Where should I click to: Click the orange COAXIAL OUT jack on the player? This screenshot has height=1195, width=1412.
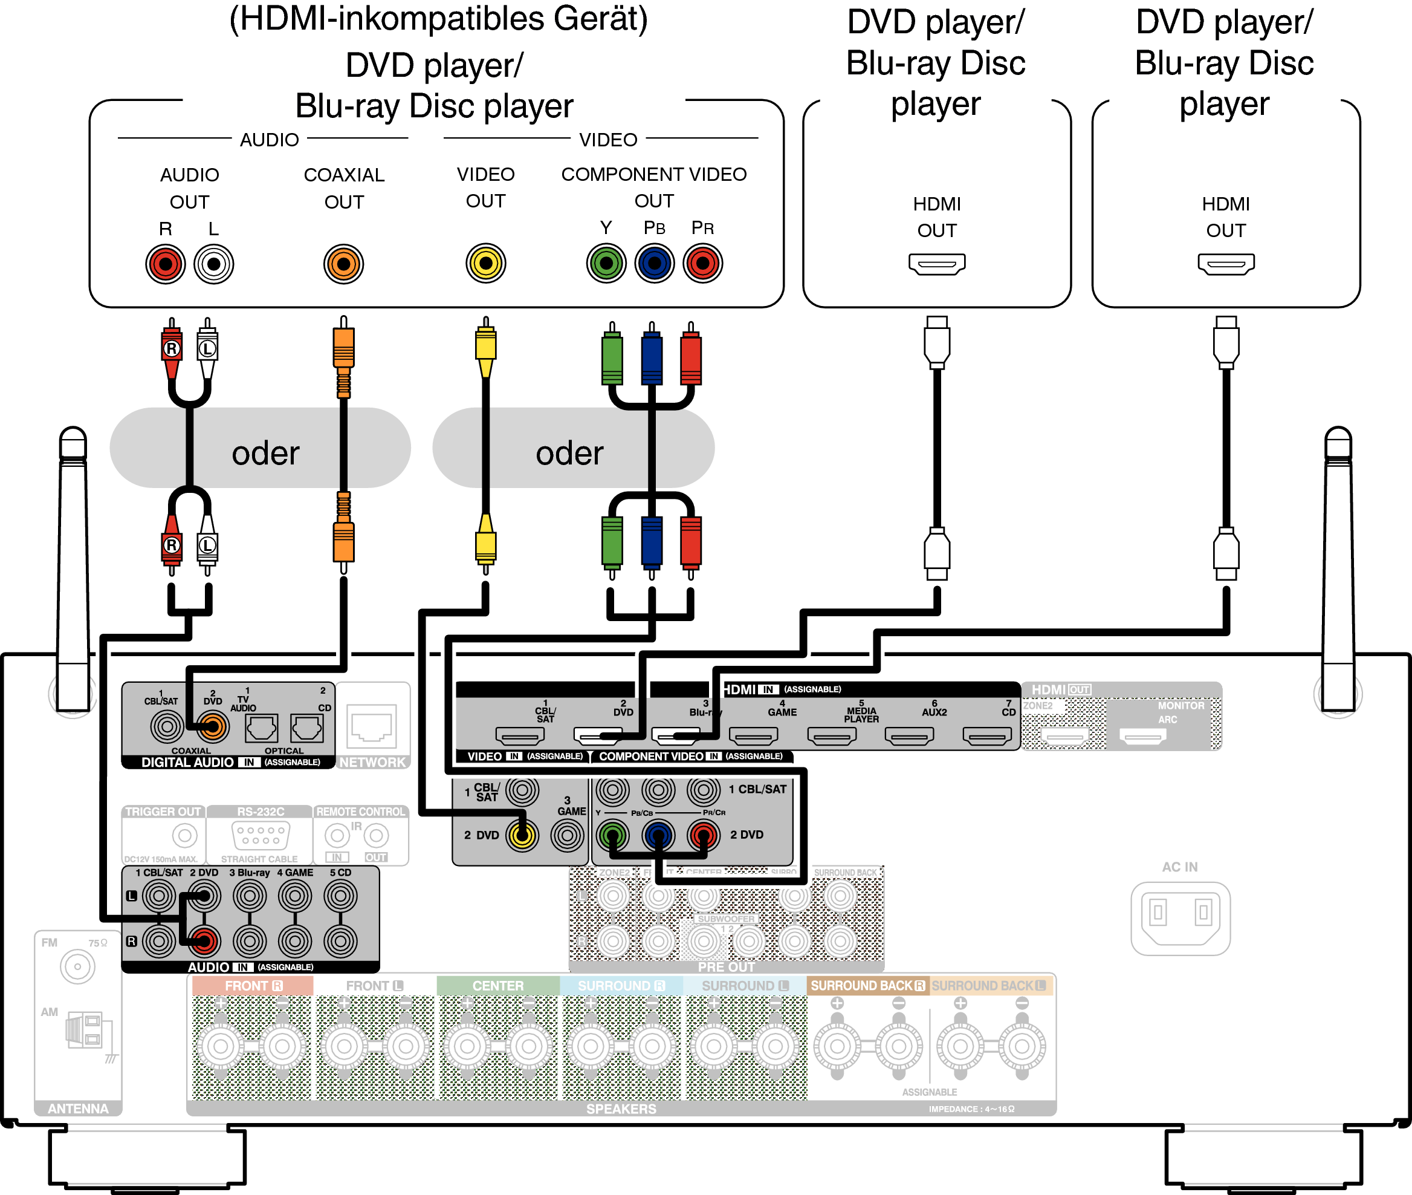pos(343,264)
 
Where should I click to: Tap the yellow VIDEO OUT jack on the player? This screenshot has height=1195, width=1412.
pos(485,263)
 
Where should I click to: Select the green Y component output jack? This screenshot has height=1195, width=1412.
pos(606,263)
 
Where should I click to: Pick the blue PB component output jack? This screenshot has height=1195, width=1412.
pos(654,263)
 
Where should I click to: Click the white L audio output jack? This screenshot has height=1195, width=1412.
pos(213,264)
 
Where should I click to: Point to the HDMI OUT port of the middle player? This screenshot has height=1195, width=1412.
pos(936,264)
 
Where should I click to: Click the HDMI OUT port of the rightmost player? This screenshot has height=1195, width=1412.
pos(1226,264)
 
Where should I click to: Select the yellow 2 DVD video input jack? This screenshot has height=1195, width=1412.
pos(522,835)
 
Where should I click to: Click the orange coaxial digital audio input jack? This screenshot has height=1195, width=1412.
pos(212,727)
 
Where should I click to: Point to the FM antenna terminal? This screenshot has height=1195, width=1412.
pos(77,966)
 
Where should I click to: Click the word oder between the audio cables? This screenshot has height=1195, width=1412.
pos(265,453)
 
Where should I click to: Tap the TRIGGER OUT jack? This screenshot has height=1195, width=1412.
pos(184,835)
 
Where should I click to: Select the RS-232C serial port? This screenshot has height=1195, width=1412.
pos(261,835)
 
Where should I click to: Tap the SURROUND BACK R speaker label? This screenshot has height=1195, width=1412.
pos(867,986)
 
